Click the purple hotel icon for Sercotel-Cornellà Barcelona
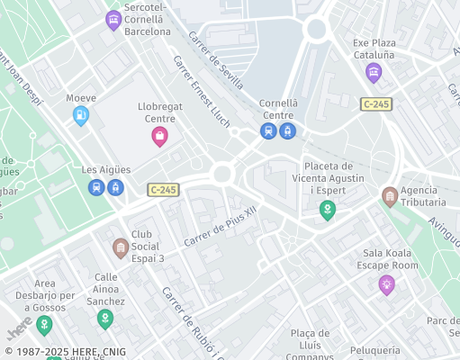(113, 20)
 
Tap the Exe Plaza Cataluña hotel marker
(374, 74)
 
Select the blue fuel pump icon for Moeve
(81, 115)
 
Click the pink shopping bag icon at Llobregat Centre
(159, 137)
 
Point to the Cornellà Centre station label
(277, 109)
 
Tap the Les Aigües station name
(106, 169)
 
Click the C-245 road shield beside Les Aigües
(164, 189)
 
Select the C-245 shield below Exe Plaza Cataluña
(376, 104)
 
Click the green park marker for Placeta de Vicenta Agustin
(328, 211)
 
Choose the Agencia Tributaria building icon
(389, 196)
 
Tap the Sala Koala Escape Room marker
(386, 285)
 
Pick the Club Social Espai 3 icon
(120, 247)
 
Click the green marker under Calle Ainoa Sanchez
(105, 319)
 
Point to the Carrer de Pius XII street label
(221, 229)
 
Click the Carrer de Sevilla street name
(215, 61)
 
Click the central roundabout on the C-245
(222, 174)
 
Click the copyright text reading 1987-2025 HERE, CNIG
(65, 352)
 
